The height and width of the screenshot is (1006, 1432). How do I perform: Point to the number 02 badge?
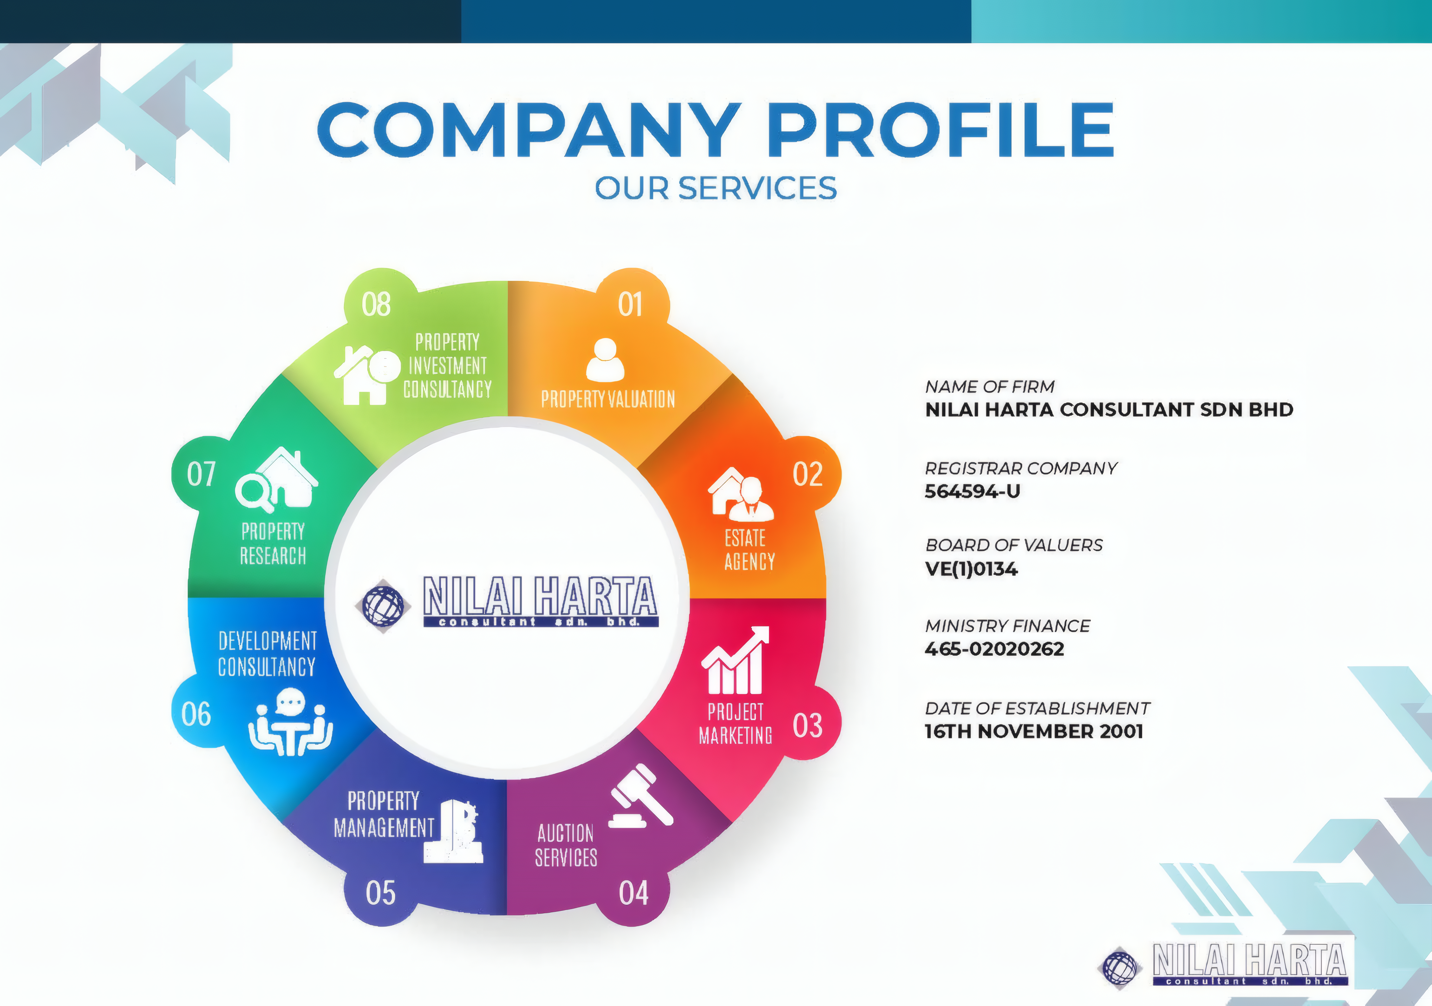tap(808, 474)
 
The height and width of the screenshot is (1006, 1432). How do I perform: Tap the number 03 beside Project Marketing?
tap(808, 725)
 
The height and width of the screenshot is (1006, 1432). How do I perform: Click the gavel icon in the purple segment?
tap(640, 796)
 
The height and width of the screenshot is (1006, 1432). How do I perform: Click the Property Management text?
tap(384, 814)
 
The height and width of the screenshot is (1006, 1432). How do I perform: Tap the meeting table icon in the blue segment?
tap(291, 722)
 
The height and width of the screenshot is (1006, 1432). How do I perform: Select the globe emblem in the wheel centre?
tap(383, 605)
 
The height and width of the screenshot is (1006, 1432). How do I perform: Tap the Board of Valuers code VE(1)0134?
tap(971, 569)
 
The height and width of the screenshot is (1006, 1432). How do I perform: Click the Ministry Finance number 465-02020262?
tap(994, 649)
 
